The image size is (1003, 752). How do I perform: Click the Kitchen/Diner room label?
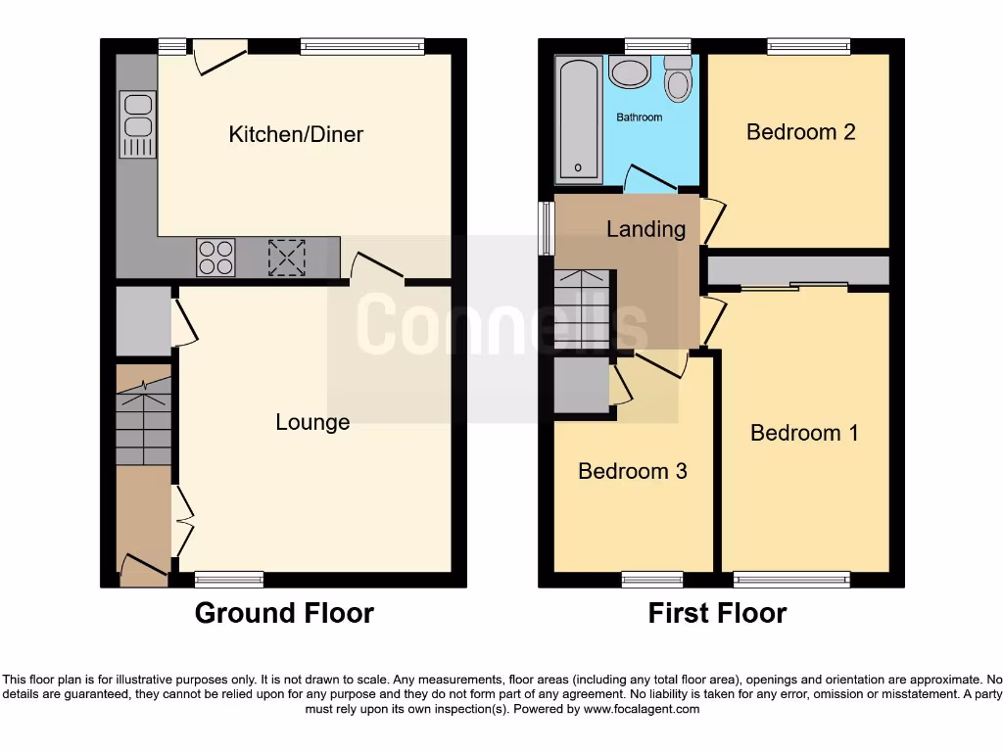[296, 134]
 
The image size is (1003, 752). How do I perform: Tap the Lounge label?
[312, 422]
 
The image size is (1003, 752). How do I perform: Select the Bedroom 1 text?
[804, 432]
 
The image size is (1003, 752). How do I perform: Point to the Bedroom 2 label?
[800, 131]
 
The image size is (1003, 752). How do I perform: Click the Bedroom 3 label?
[632, 471]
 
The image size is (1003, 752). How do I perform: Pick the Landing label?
[645, 229]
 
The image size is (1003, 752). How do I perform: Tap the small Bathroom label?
[639, 117]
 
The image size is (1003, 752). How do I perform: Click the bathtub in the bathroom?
[578, 119]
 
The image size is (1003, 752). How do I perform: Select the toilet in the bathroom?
[677, 79]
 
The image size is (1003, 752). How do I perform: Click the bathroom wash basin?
[629, 71]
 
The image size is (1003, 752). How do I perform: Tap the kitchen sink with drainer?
[137, 123]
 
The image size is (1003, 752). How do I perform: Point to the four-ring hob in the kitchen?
[215, 257]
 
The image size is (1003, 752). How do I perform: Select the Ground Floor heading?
[284, 613]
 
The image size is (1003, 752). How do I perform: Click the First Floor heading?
[717, 613]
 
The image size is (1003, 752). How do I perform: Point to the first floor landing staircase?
[581, 309]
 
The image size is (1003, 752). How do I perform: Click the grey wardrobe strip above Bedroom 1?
[797, 270]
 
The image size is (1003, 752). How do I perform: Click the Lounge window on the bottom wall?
[229, 580]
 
